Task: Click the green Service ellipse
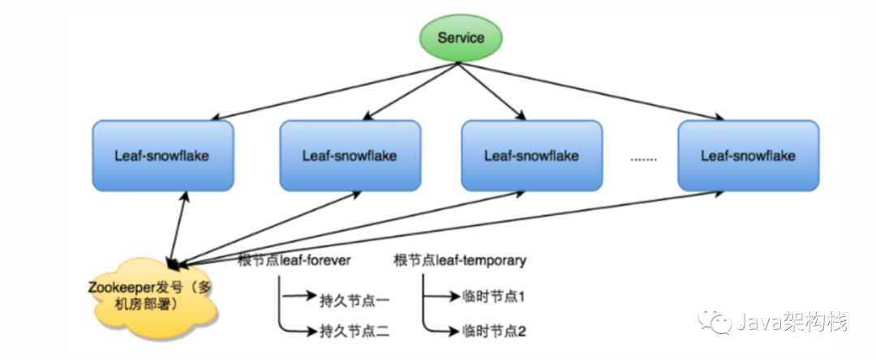[x=461, y=38]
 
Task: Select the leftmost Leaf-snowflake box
[x=162, y=155]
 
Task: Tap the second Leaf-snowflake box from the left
[x=350, y=155]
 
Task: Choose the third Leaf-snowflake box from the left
[x=531, y=155]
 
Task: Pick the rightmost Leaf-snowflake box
[x=748, y=155]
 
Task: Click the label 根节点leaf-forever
[x=294, y=260]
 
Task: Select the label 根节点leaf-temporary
[x=460, y=260]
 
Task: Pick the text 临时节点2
[x=494, y=330]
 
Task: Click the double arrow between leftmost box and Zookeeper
[x=179, y=226]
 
